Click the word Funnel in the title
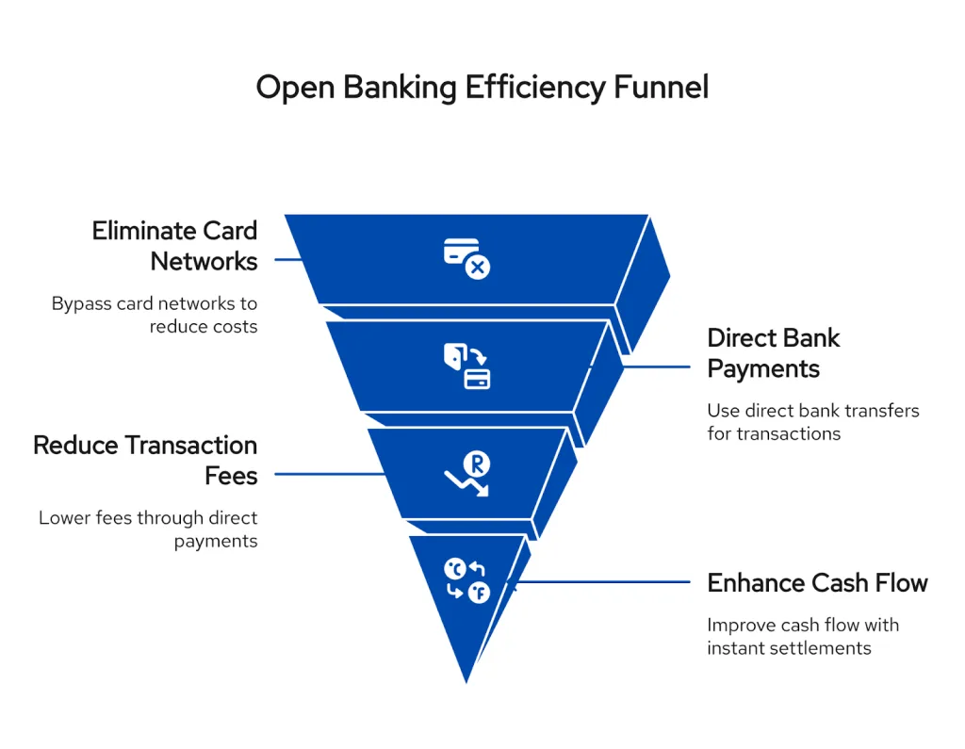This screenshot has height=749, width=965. pos(662,88)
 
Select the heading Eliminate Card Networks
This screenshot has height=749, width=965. pos(174,245)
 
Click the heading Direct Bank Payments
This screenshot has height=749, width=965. pos(773,352)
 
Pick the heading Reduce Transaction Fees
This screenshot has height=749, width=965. pos(145,460)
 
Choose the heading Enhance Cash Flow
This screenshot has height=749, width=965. pos(817,582)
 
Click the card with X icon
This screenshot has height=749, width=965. pos(466,258)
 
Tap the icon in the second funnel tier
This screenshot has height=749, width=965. pos(466,366)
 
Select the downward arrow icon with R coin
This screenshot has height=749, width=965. pos(467,474)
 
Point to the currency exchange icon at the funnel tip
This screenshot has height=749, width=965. pos(466,580)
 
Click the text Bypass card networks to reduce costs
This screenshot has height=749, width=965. pos(155,315)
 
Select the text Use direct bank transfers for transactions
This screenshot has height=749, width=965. pos(812,422)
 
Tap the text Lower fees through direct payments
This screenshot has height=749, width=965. pos(148,529)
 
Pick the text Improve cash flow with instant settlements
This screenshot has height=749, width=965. pos(803,636)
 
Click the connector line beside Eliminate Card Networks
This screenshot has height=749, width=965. pos(287,258)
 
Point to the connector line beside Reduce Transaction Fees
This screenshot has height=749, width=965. pos(330,474)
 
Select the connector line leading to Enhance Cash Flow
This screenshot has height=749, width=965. pos(603,582)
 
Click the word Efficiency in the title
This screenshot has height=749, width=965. pos(535,88)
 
